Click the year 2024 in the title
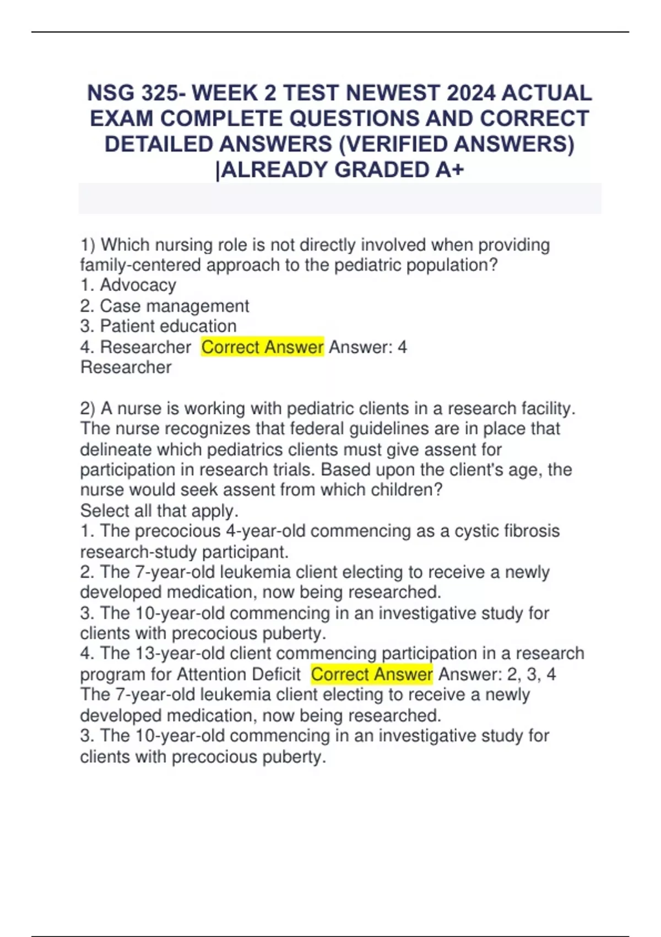[x=470, y=93]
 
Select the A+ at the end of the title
[x=449, y=170]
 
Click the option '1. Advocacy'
[x=128, y=285]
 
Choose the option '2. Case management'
[x=164, y=306]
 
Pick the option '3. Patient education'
[x=158, y=326]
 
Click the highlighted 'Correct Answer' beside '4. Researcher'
[x=262, y=347]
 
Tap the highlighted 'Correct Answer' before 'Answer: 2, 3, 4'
[x=372, y=674]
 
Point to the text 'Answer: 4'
[x=367, y=347]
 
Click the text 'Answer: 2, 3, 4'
[x=497, y=674]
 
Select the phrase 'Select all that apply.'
[x=159, y=510]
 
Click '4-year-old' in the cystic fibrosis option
[x=266, y=531]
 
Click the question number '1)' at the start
[x=88, y=245]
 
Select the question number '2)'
[x=88, y=408]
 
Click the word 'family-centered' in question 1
[x=140, y=265]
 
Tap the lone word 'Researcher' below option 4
[x=126, y=367]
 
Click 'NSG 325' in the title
[x=133, y=93]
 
